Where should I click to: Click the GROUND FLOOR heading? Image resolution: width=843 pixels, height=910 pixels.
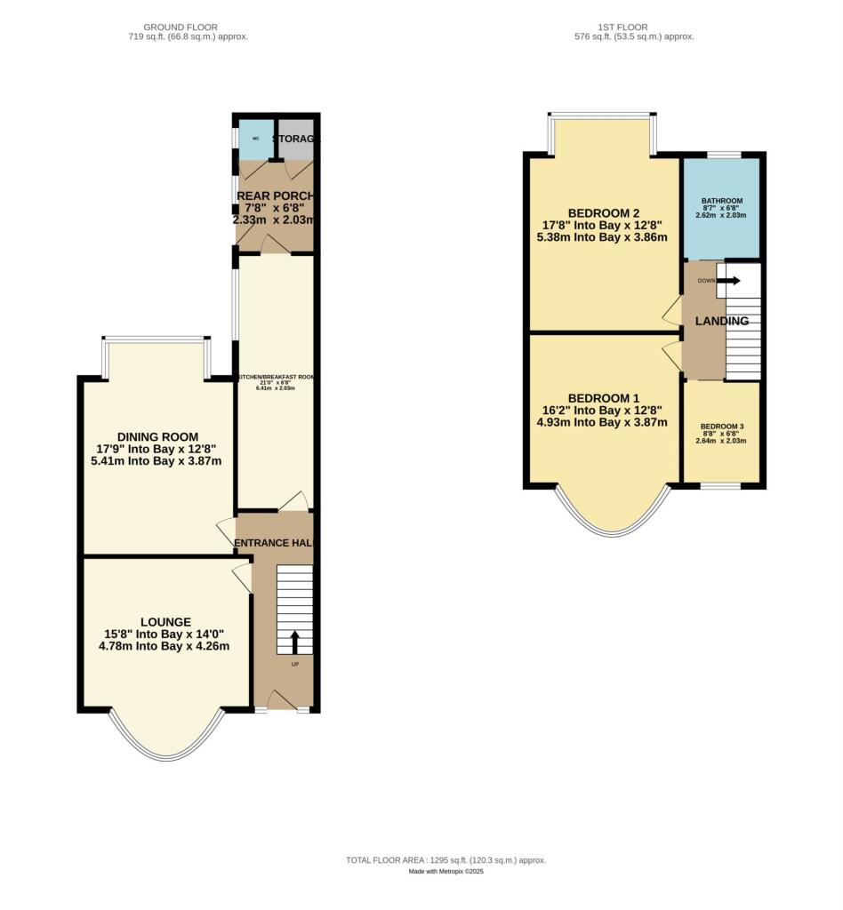click(188, 28)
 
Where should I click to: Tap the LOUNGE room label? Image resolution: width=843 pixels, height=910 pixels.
click(165, 622)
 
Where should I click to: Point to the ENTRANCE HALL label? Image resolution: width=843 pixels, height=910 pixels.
click(275, 543)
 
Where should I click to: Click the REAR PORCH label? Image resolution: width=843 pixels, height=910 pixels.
click(275, 196)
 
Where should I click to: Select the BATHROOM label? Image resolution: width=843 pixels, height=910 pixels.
click(721, 201)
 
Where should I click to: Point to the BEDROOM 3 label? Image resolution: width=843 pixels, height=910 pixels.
click(721, 426)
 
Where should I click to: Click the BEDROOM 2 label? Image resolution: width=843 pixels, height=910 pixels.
click(604, 213)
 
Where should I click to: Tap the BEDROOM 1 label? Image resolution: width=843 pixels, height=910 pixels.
click(604, 397)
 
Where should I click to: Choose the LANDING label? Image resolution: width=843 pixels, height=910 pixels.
click(721, 321)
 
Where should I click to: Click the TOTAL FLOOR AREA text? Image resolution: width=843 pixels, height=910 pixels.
click(446, 860)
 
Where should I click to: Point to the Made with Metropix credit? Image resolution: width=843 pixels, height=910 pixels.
click(446, 872)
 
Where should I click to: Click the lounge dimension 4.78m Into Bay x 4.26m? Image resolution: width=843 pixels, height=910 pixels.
click(165, 646)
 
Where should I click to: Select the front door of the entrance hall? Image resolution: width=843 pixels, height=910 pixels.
click(283, 702)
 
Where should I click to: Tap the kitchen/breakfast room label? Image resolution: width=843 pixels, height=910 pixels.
click(275, 377)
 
